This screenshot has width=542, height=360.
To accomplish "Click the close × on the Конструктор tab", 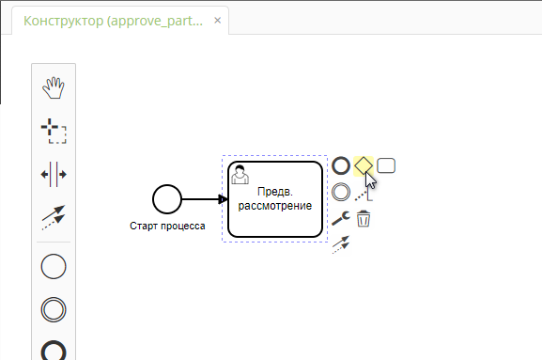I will pos(218,20).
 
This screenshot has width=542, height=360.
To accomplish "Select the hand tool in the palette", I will pos(54,88).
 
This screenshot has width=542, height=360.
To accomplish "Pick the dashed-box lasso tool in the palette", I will pos(54,131).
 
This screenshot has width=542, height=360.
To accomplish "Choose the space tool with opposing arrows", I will pos(54,174).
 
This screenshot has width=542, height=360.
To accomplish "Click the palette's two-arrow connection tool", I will pos(54,218).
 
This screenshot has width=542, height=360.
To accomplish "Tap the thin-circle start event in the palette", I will pos(54,266).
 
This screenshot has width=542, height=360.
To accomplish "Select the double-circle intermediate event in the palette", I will pos(54,309).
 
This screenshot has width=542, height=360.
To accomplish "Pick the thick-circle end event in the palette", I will pos(54,351).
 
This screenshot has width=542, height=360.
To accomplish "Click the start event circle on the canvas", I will pos(166,198).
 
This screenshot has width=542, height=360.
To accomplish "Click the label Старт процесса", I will pos(167,226).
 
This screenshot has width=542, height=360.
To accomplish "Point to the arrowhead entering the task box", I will pos(223,198).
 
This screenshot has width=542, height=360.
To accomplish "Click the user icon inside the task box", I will pos(240,174).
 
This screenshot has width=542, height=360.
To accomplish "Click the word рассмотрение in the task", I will pos(275,205).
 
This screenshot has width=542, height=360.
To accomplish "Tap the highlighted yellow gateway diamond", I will pos(363,165).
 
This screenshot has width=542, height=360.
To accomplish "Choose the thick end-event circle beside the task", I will pos(341,166).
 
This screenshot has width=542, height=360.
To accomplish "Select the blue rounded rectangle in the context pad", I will pos(386,165).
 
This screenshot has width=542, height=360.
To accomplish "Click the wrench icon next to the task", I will pos(341,218).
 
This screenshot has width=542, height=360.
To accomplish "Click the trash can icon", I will pos(364,219).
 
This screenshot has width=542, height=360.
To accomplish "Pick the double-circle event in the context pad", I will pos(341,192).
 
